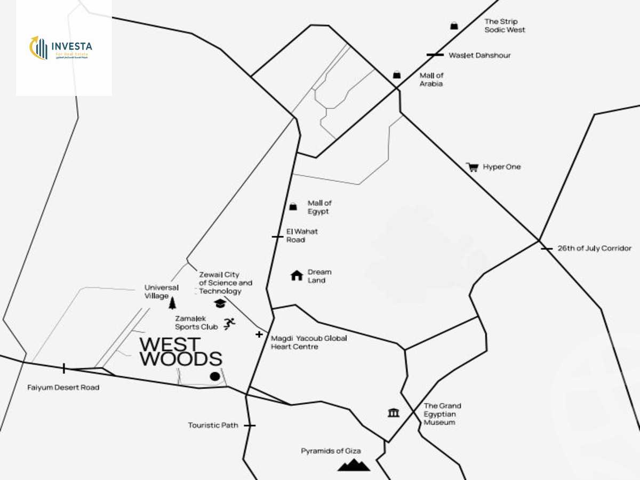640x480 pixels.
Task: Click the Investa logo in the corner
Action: pos(61,48)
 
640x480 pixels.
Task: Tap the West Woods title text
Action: pos(180,352)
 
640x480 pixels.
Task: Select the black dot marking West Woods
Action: pos(215,377)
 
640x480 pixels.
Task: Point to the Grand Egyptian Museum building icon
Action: pos(394,412)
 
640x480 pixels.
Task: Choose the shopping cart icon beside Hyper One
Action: pos(472,167)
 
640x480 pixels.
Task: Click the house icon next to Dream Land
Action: pos(297,275)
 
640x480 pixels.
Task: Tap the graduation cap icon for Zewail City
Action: pos(220,303)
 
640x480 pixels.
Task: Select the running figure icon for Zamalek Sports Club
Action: pos(229,323)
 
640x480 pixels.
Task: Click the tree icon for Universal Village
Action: pos(172,303)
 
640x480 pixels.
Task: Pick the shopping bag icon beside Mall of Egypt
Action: pos(293,206)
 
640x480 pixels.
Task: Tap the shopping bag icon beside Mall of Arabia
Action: pos(397,75)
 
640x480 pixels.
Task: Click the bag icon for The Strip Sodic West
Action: pos(454,25)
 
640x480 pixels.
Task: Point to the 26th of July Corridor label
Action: pos(594,249)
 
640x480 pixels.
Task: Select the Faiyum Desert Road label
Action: pos(63,388)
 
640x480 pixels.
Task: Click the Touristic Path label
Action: pos(213,426)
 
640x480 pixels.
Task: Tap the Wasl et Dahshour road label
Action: pos(479,55)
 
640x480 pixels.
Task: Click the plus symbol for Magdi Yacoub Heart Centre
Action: pos(259,334)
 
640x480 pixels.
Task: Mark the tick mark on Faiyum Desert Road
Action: pos(64,367)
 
